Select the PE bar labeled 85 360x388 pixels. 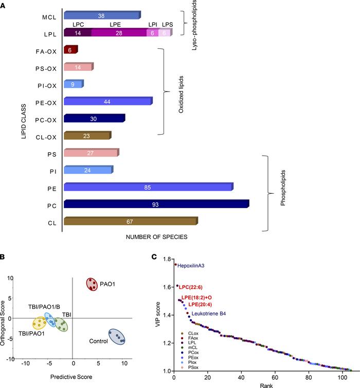point(148,187)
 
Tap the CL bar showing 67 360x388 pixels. point(130,221)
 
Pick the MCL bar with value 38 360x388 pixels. point(101,15)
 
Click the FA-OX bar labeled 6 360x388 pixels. point(70,50)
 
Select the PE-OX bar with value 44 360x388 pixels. point(107,102)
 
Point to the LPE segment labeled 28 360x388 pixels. point(119,33)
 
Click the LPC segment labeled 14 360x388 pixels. point(77,33)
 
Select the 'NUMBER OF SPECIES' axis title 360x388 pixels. point(156,237)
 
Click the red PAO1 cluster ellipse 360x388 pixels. point(92,284)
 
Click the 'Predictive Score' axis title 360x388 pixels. point(72,377)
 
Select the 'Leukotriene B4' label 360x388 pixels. point(212,313)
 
